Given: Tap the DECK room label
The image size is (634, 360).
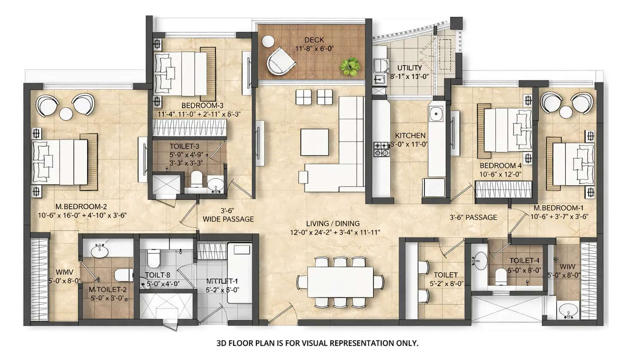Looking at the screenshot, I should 314,40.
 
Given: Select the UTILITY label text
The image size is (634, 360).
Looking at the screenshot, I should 410,68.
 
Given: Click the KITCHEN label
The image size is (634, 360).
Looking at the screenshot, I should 410,136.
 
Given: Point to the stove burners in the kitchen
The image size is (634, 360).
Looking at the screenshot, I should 381,149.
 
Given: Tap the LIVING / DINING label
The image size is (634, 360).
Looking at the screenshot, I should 333,224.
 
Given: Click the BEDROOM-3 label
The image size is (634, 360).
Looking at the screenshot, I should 202,106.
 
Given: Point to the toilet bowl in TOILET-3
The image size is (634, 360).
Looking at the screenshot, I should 196,179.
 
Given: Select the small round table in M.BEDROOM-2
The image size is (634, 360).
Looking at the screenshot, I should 66,114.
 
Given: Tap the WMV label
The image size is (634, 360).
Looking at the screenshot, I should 64,272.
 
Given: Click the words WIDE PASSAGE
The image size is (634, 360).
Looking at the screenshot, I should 228,219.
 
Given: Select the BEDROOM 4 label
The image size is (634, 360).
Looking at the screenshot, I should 501,166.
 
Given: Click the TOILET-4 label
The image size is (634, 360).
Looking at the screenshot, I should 524,260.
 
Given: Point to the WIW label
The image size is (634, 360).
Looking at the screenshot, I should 567,266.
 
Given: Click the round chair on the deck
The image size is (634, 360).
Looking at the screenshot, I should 280,61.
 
